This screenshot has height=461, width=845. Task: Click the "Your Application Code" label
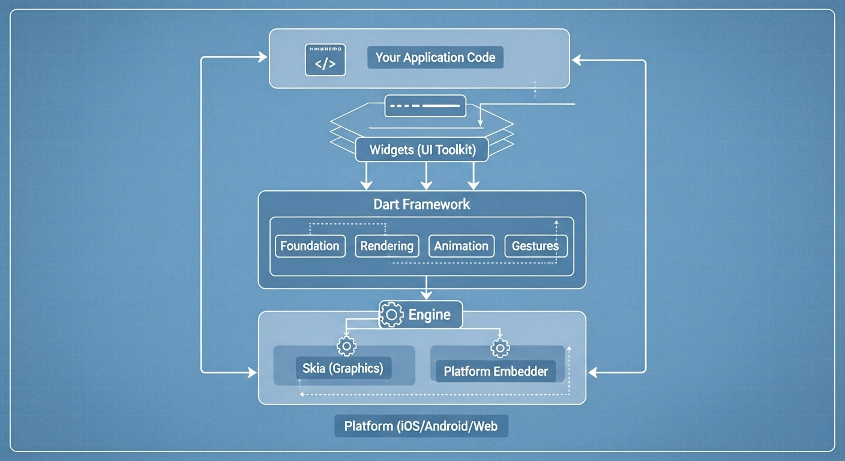click(435, 58)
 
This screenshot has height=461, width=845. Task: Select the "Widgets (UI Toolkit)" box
click(422, 149)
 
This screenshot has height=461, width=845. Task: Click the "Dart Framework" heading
click(422, 204)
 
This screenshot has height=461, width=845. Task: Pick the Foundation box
click(310, 246)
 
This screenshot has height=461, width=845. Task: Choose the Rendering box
click(386, 246)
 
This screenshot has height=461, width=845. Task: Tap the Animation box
click(461, 246)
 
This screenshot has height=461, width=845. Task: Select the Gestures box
click(535, 246)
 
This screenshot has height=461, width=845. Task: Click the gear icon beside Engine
click(392, 315)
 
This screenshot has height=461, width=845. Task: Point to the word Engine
click(429, 315)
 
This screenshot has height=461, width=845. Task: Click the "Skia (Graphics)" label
click(343, 368)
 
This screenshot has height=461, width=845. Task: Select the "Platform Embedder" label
click(496, 371)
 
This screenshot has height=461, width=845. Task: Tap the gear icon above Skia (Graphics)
click(346, 346)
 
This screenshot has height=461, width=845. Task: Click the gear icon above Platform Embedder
click(500, 348)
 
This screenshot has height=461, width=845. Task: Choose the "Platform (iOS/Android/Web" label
click(421, 427)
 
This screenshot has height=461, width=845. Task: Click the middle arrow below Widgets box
click(426, 176)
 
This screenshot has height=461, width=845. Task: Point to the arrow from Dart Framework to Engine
click(426, 289)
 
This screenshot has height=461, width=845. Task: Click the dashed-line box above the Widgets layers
click(425, 106)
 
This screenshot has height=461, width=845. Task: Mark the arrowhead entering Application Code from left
click(262, 57)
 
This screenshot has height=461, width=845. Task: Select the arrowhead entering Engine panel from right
click(594, 373)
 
